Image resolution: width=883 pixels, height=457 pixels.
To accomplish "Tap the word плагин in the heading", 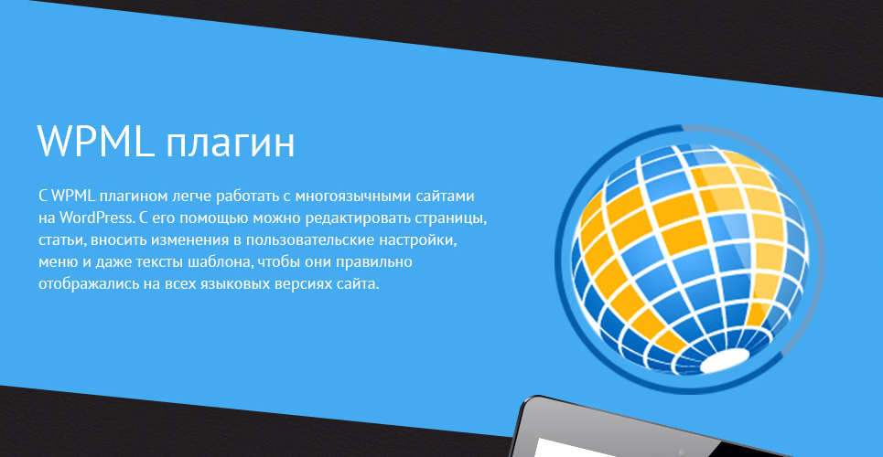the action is click(231, 144).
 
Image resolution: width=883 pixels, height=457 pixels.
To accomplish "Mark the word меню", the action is click(53, 262).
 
